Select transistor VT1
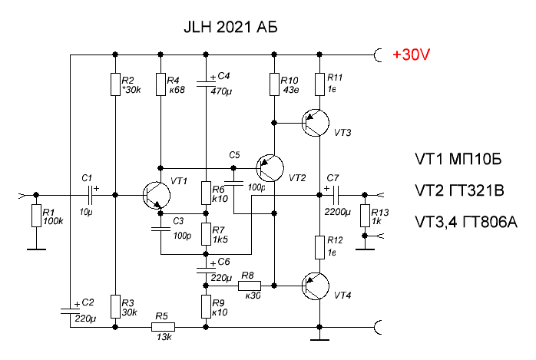point(157,195)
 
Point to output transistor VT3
point(315,122)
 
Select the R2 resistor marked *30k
point(114,84)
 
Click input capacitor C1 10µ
point(90,195)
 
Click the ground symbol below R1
point(36,248)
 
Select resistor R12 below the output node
point(320,246)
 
